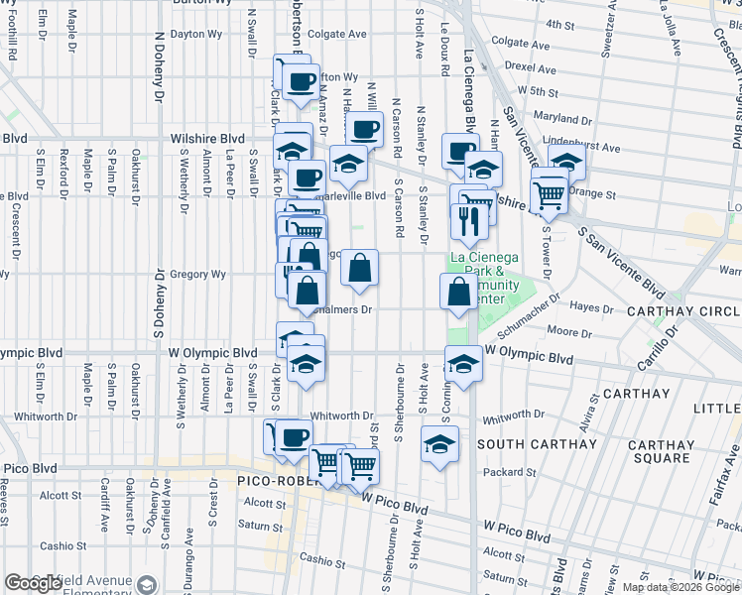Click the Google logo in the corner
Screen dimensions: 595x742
(x=34, y=583)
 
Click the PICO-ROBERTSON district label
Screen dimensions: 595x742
(x=276, y=480)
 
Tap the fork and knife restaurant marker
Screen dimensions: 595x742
(x=465, y=219)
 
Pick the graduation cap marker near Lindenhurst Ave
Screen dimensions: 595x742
(x=567, y=161)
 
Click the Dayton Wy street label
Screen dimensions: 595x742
(x=195, y=34)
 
